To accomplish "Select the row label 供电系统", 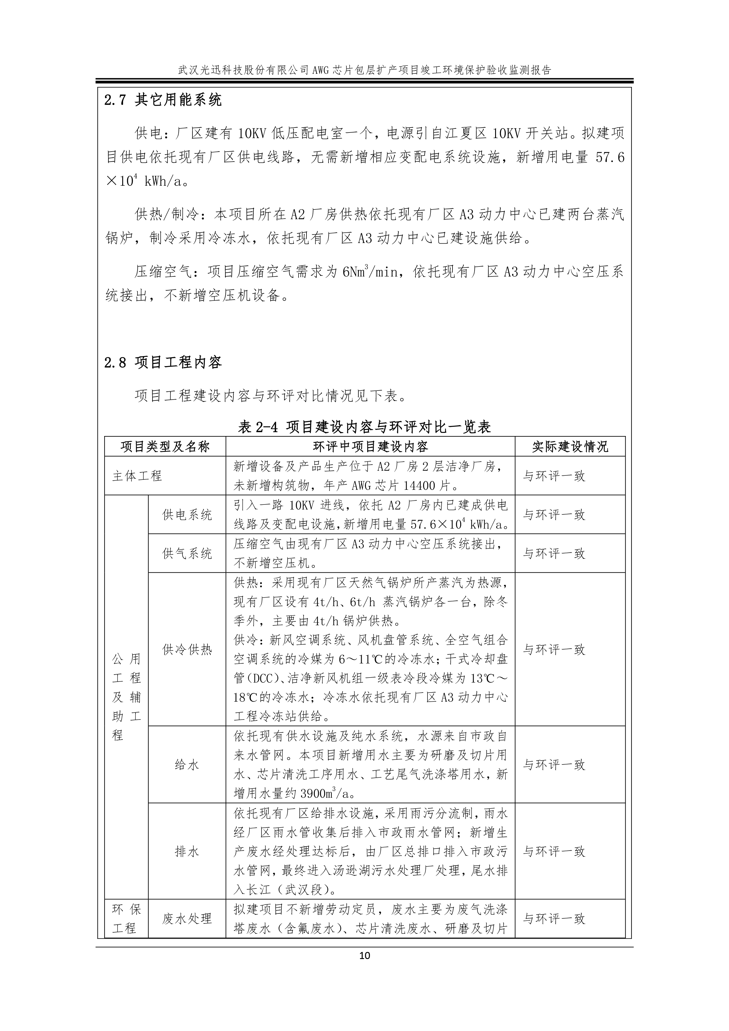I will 187,514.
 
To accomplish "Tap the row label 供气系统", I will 187,553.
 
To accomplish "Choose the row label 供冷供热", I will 187,649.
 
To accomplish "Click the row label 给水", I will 187,765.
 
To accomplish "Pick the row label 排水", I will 187,851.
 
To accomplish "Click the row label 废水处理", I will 187,919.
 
